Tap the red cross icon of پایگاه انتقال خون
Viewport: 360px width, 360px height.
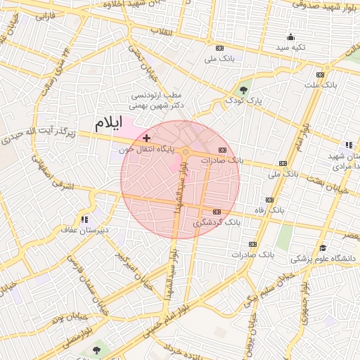point(146,138)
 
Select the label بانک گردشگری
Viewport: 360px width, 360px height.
point(217,222)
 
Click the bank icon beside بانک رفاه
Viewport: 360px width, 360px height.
point(269,199)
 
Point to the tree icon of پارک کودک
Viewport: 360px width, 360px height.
point(243,90)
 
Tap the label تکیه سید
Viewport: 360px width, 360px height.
point(290,47)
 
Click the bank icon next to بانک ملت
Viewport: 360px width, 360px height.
point(320,75)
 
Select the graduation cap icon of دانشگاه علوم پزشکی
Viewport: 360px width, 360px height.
point(323,247)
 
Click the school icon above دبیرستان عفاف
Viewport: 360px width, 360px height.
point(86,219)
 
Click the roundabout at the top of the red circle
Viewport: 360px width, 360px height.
point(186,151)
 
